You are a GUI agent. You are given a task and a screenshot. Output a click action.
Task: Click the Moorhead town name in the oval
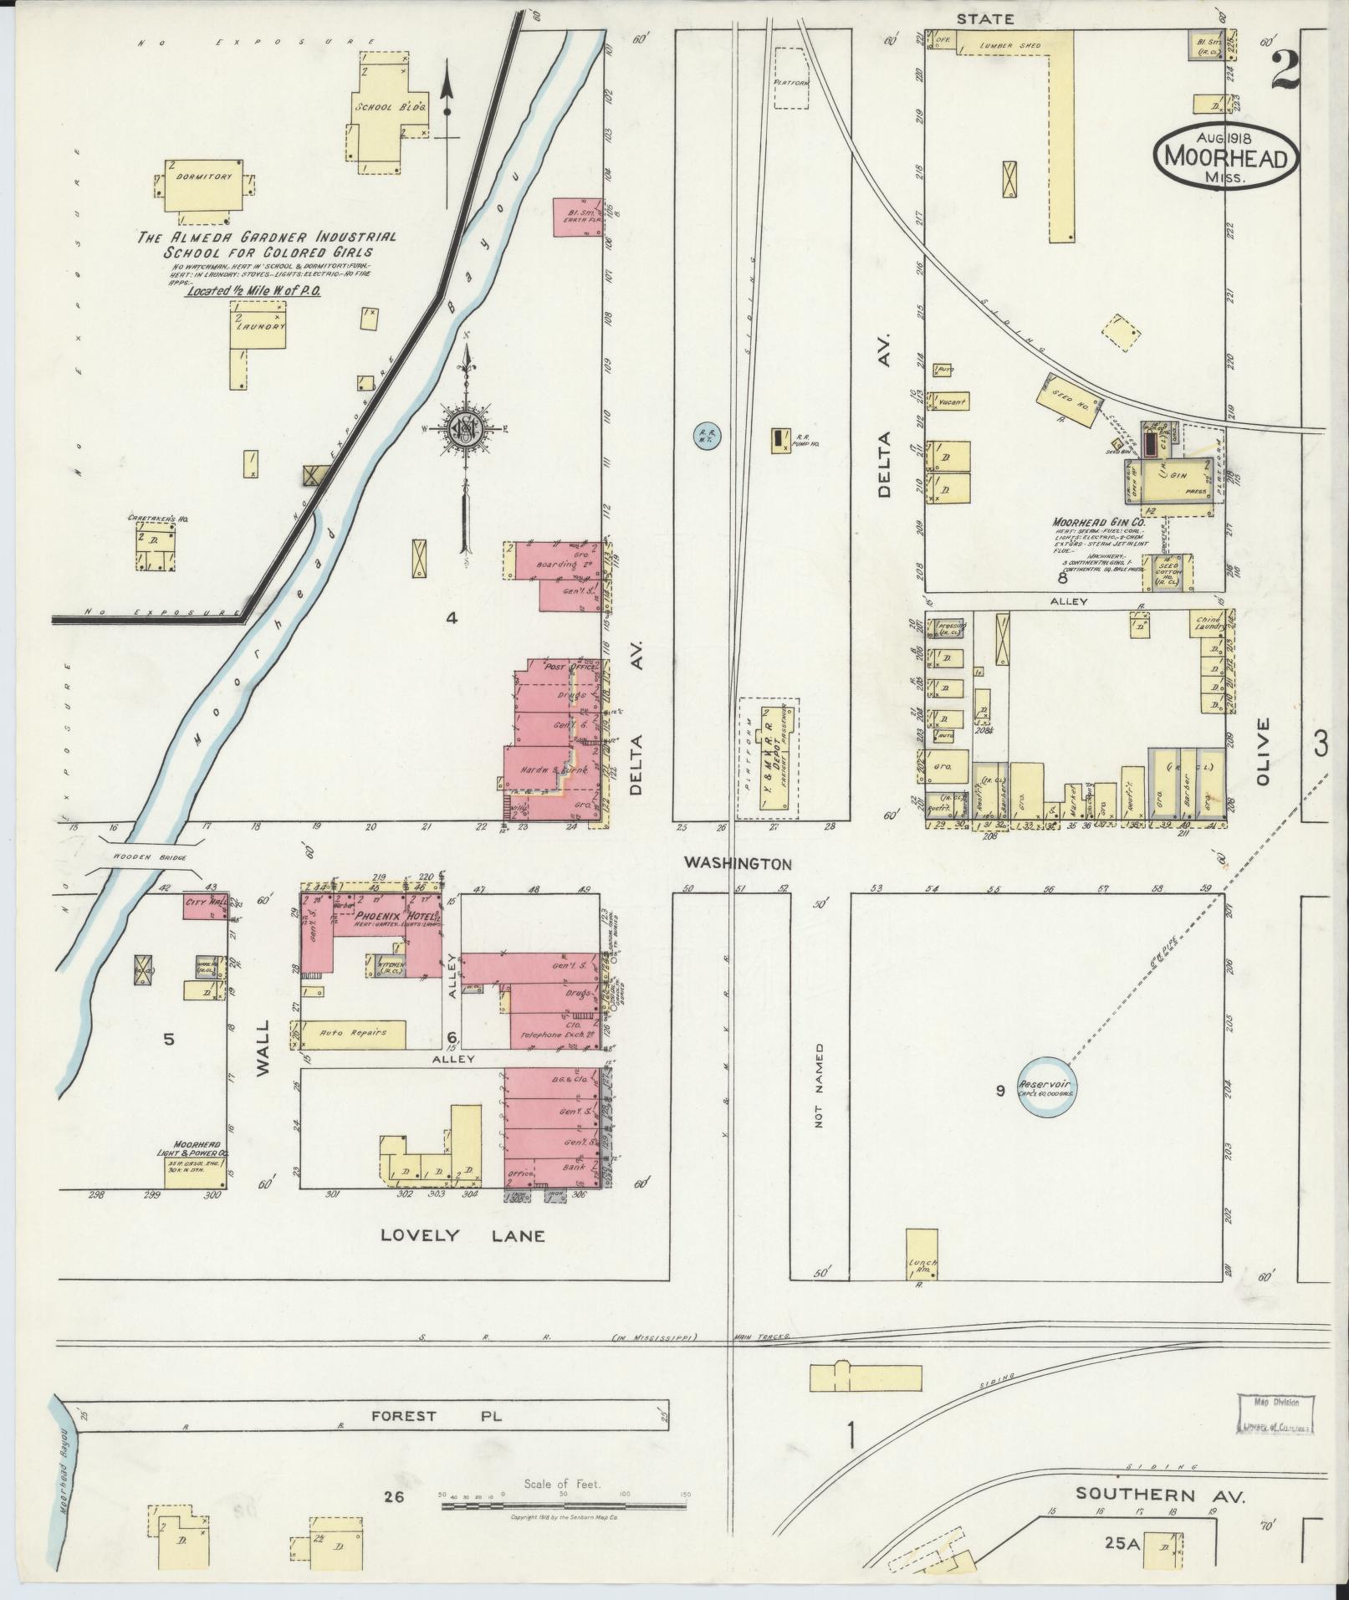pos(1227,157)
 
